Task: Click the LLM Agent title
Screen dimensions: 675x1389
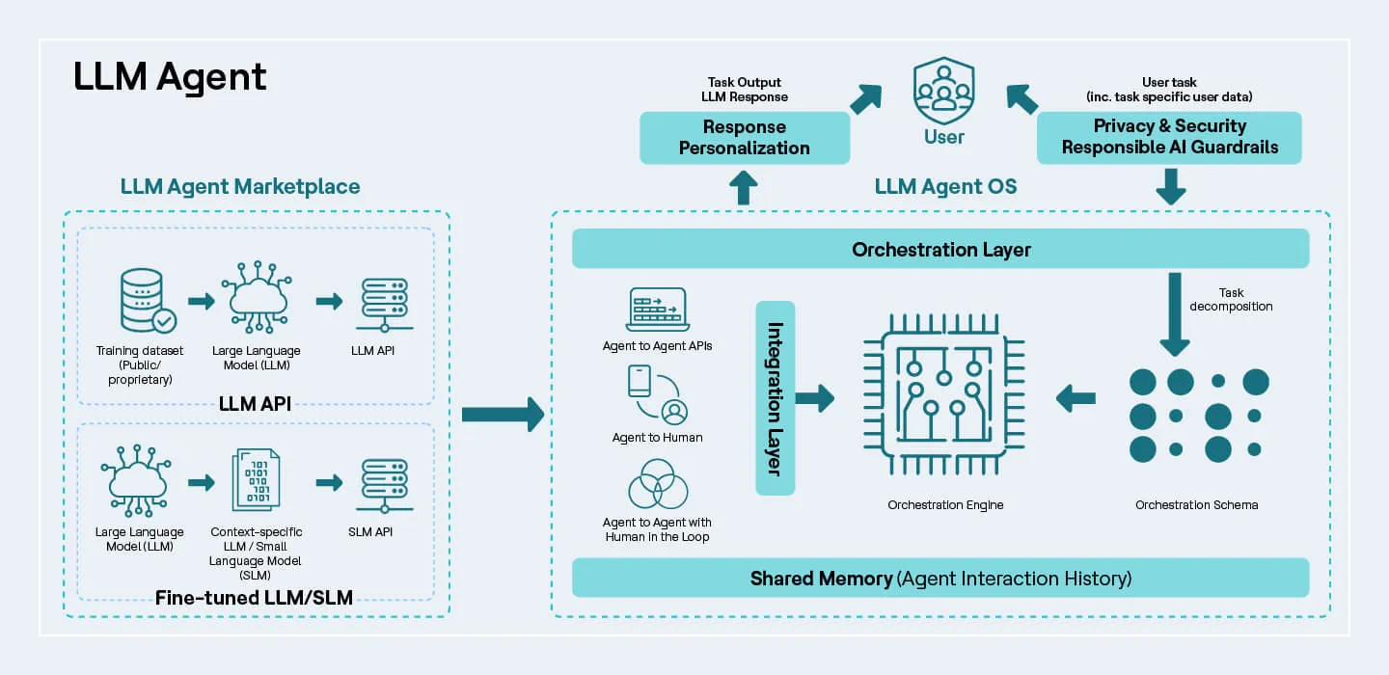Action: coord(170,77)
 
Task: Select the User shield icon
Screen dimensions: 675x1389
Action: coord(943,90)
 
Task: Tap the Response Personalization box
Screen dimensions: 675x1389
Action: coord(744,138)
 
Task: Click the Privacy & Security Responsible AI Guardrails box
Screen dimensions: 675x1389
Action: coord(1169,137)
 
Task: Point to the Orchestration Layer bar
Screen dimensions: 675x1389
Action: coord(940,250)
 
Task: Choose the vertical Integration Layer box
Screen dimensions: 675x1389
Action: coord(775,398)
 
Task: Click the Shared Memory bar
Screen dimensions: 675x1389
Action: coord(940,579)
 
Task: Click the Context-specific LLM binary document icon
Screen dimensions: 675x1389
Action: coord(257,479)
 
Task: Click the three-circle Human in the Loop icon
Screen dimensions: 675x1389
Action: coord(657,483)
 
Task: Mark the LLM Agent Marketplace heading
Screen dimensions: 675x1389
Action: coord(240,186)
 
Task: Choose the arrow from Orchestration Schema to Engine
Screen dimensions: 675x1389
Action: coord(1076,397)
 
